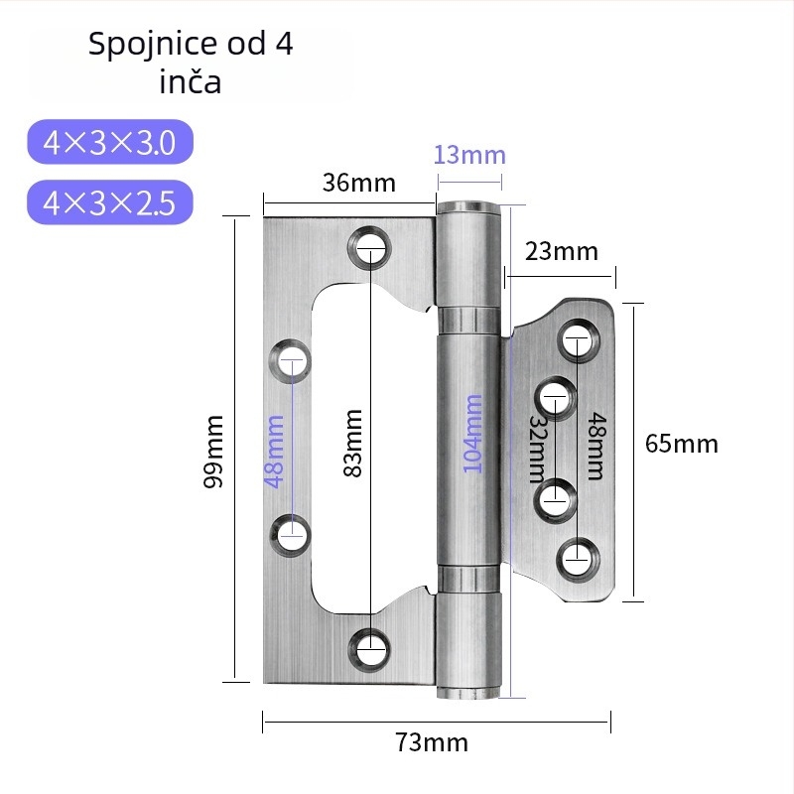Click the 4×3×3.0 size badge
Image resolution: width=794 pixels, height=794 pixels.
110,142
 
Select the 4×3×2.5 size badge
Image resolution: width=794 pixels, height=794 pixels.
110,202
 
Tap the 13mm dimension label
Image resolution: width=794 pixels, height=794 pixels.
469,155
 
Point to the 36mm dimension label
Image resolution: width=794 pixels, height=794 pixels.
359,183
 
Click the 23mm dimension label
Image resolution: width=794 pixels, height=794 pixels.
561,251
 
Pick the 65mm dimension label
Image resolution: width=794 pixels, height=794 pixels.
682,444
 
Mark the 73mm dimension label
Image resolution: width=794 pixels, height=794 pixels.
432,742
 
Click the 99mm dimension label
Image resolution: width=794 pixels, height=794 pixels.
212,452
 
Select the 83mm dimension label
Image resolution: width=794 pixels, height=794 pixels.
353,443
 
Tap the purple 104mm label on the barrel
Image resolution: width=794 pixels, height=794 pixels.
473,434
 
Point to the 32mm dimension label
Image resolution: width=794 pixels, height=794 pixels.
537,450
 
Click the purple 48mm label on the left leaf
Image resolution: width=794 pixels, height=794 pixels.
274,452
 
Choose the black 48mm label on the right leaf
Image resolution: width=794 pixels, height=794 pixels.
596,446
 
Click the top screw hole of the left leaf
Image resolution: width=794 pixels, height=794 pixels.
369,248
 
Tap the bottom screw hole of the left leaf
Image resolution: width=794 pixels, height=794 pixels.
369,650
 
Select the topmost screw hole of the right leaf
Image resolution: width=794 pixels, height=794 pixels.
579,339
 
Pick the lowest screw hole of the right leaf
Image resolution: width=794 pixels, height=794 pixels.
578,560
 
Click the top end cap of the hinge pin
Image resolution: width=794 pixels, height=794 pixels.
468,207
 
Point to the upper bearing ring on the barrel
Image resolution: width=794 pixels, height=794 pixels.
468,319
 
